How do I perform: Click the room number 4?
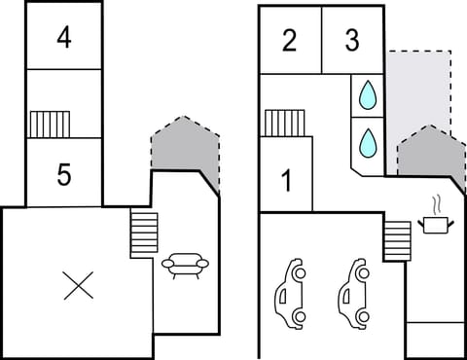63,38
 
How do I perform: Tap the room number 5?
63,175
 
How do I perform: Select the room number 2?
289,41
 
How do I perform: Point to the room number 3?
352,41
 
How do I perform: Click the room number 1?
286,180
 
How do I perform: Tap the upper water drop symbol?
368,94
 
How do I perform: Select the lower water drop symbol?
368,142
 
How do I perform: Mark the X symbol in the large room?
76,285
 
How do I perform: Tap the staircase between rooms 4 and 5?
50,124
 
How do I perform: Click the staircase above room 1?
284,123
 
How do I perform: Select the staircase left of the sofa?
144,234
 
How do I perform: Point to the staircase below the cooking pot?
397,239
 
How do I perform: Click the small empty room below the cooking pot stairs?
435,340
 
